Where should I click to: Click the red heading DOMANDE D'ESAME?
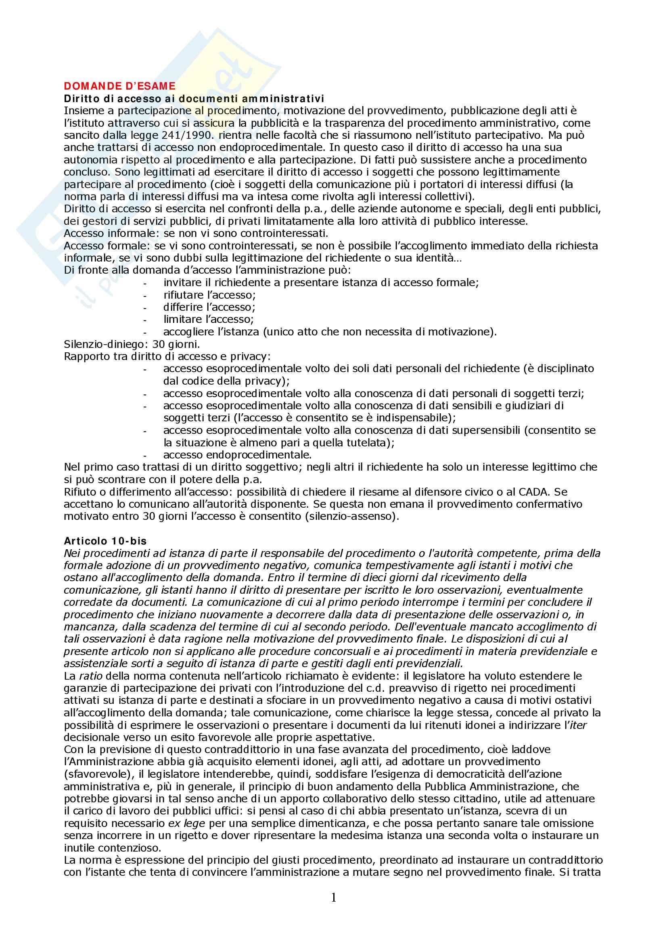[x=119, y=86]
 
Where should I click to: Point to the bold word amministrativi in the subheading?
[x=289, y=98]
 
